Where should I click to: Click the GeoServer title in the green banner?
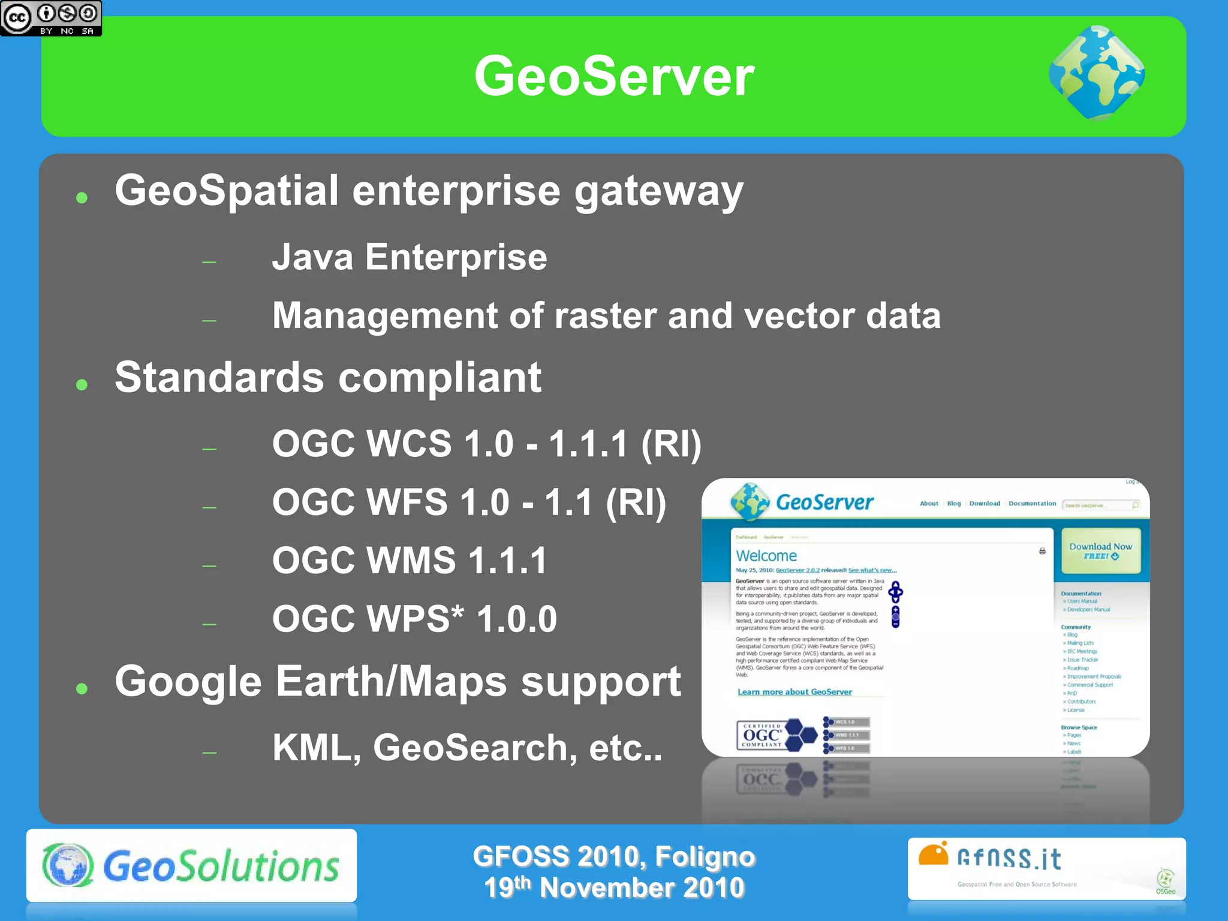(613, 76)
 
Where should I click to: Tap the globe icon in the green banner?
(1097, 73)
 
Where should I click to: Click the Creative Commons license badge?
(51, 18)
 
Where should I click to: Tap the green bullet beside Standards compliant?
(82, 384)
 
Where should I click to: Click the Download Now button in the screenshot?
(1100, 550)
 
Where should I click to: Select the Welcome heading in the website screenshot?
(766, 556)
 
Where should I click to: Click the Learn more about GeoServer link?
(794, 692)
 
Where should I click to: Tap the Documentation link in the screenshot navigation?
(1032, 504)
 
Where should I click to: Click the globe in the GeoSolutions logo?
(68, 865)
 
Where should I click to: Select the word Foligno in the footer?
(705, 856)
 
